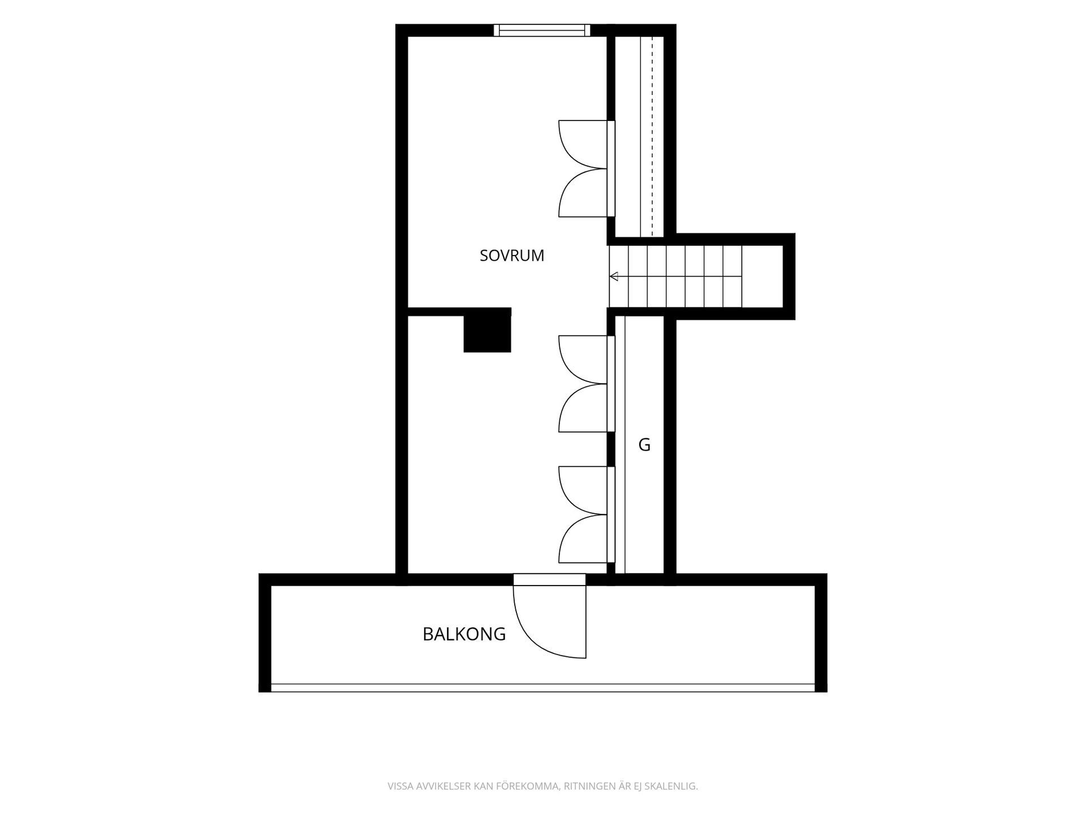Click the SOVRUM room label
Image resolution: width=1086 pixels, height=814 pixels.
[x=512, y=256]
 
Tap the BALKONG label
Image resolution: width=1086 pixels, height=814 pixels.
[x=464, y=634]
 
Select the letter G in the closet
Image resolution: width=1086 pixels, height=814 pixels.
[x=644, y=445]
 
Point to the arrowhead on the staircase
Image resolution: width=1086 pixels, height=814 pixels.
[x=614, y=276]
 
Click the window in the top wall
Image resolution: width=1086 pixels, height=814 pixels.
[x=542, y=30]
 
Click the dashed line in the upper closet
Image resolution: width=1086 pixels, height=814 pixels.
[x=652, y=136]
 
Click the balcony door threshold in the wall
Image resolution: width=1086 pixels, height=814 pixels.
[x=549, y=579]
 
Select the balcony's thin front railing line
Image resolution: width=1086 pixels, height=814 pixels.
[x=543, y=688]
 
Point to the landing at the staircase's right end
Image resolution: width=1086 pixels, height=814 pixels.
[x=762, y=276]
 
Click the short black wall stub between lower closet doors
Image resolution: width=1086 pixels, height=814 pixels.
[x=611, y=449]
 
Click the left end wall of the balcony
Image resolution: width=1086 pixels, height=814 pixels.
[x=265, y=633]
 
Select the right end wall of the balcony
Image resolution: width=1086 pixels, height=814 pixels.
[x=821, y=633]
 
